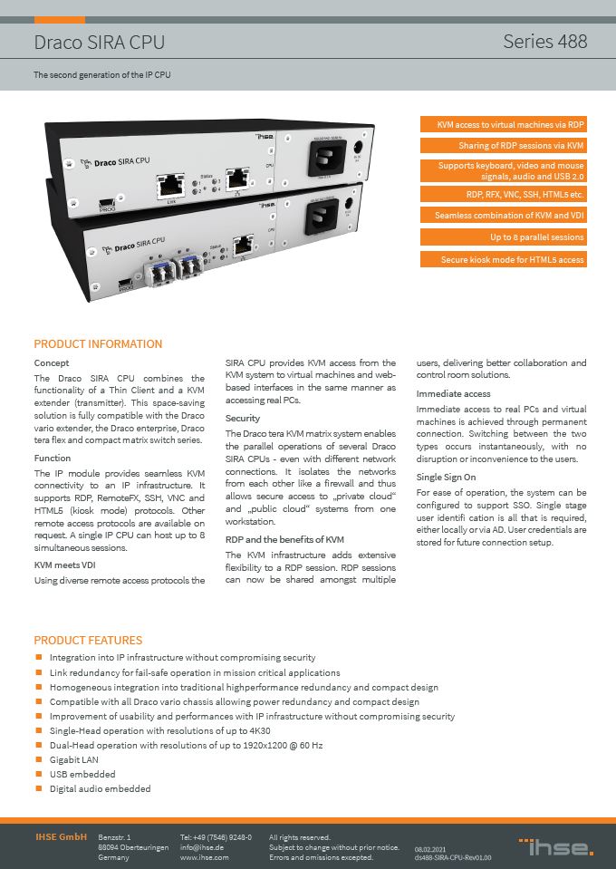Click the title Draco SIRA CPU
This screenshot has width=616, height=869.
[x=100, y=43]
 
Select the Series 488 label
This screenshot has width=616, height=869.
[x=544, y=42]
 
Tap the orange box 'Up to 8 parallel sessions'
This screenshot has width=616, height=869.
[x=503, y=237]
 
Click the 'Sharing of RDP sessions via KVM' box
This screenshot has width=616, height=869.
[x=503, y=145]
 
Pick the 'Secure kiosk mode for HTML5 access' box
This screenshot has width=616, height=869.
[x=503, y=260]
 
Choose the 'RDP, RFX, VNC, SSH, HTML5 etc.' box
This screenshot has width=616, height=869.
[x=503, y=193]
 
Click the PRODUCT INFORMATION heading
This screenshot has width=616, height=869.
[x=98, y=344]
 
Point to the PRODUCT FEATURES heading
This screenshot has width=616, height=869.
[x=88, y=640]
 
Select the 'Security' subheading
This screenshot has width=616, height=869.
[x=242, y=419]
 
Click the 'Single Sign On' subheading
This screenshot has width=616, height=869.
[x=445, y=477]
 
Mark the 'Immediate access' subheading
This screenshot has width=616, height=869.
[x=453, y=394]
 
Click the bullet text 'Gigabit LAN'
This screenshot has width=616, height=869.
[x=74, y=759]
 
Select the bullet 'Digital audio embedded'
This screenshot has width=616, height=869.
[x=100, y=788]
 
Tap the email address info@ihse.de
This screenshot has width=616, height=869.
[x=202, y=846]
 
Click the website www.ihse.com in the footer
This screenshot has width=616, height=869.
[x=204, y=856]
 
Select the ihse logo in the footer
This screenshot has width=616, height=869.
[x=555, y=847]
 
